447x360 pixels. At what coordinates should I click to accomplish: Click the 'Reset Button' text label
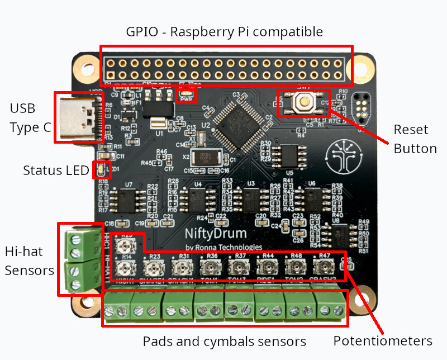[x=415, y=139]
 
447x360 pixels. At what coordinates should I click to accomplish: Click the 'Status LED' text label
[x=56, y=170]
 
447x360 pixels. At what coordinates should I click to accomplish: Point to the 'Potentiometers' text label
[x=383, y=341]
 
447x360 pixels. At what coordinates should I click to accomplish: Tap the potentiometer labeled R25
[x=127, y=244]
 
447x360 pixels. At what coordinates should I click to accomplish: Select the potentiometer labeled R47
[x=323, y=267]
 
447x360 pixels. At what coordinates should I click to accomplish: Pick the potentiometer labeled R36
[x=212, y=267]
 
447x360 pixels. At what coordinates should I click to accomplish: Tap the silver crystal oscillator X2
[x=202, y=157]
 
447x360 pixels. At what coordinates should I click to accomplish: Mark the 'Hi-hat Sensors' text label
[x=29, y=261]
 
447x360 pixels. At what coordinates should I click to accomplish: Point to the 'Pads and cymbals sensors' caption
[x=224, y=341]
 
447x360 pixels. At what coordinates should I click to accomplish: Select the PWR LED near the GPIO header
[x=185, y=95]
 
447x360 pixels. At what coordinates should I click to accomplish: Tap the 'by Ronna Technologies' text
[x=223, y=247]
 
